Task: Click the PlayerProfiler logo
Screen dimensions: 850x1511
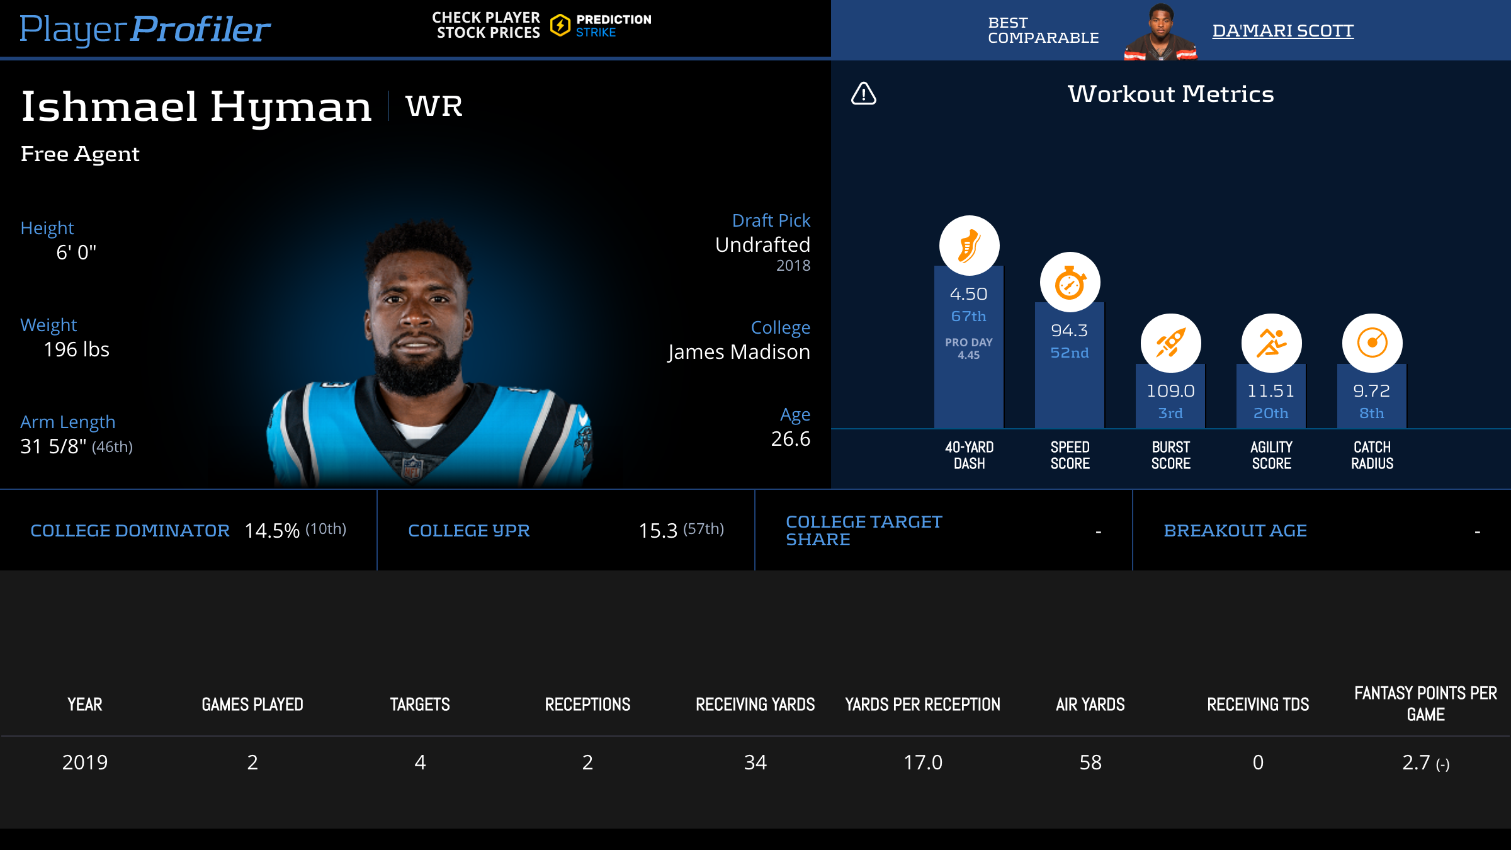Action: coord(145,29)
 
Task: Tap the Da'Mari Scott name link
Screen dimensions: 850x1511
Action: coord(1282,31)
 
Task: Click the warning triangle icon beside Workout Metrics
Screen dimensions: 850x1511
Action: coord(864,94)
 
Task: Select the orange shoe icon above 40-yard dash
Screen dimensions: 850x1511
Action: coord(969,246)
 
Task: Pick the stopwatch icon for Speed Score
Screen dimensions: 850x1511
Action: coord(1070,283)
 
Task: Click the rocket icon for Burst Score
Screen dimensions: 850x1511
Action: coord(1170,343)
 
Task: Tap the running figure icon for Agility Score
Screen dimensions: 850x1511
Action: coord(1271,343)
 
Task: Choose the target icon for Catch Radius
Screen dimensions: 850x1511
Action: coord(1372,343)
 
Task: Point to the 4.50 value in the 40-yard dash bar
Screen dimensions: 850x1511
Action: coord(968,294)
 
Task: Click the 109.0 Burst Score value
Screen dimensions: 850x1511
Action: coord(1170,391)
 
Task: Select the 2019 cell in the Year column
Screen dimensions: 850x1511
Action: coord(85,762)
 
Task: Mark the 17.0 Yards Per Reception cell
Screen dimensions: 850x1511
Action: coord(923,762)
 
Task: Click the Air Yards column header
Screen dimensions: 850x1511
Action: coord(1090,705)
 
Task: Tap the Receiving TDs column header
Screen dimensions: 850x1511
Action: coord(1258,705)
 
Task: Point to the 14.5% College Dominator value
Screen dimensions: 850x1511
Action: coord(272,531)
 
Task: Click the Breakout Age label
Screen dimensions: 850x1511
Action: coord(1235,531)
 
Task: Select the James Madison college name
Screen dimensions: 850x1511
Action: coord(739,352)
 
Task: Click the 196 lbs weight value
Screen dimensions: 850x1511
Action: coord(76,349)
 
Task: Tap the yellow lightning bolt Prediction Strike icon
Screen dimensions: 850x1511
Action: coord(560,26)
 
